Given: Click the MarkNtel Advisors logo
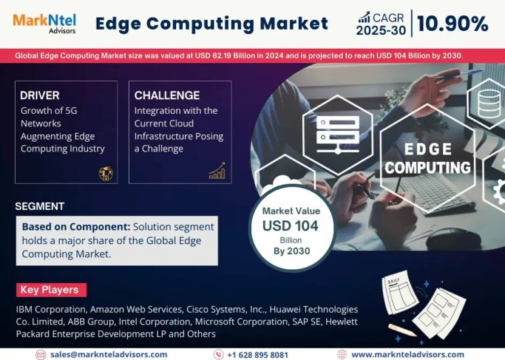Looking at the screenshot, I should click(44, 23).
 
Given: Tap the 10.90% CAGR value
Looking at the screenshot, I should click(452, 24).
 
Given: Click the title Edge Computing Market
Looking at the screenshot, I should click(211, 24).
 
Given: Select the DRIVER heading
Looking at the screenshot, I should click(40, 96).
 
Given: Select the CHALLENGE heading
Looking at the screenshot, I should click(167, 96).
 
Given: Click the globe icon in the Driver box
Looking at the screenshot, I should click(106, 173).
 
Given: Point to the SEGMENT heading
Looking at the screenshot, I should click(40, 206).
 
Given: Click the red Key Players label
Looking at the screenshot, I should click(50, 290).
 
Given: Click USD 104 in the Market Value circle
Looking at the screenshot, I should click(291, 226).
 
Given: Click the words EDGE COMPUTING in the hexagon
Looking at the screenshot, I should click(428, 159).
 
